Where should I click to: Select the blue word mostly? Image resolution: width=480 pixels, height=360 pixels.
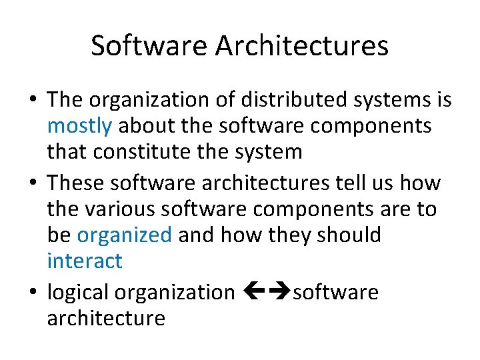point(75,126)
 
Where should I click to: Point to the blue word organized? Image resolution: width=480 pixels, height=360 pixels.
point(125,235)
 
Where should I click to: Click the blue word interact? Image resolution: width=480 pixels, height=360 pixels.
point(85,261)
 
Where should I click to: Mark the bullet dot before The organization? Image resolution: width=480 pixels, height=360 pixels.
point(33,101)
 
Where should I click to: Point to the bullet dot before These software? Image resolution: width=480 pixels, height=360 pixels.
point(33,183)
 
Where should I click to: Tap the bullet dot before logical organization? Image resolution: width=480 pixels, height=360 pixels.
point(33,293)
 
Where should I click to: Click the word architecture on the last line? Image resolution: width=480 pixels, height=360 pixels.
point(106,318)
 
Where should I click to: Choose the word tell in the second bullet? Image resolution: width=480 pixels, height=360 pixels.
point(351,183)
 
